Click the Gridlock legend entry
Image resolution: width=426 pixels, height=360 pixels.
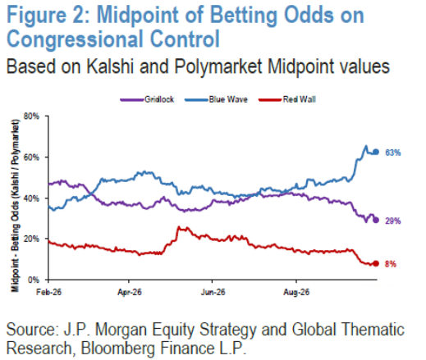[x=147, y=99]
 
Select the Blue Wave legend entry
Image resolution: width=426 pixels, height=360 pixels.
[x=216, y=99]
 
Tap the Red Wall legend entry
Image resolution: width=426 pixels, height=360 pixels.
[x=287, y=99]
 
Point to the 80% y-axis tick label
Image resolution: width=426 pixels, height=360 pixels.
[x=31, y=116]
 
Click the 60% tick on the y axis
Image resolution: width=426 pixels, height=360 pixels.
[x=31, y=157]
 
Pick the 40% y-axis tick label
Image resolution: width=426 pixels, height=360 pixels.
[x=31, y=198]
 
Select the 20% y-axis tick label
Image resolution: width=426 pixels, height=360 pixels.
[x=31, y=239]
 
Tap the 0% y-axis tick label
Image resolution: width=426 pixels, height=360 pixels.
[x=34, y=280]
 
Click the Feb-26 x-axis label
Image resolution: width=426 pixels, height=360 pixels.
[x=48, y=292]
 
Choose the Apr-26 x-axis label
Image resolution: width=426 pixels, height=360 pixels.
[x=130, y=292]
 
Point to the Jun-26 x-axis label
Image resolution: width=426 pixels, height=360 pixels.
[x=213, y=292]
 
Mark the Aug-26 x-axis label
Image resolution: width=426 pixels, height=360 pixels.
[x=296, y=292]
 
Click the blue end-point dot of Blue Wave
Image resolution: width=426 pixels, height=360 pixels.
[x=376, y=152]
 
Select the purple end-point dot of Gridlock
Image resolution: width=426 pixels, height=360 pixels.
[x=376, y=220]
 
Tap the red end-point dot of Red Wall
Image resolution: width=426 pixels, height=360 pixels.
[x=376, y=263]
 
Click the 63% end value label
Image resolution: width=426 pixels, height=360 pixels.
[x=393, y=153]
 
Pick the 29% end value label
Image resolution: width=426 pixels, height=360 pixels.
[x=393, y=221]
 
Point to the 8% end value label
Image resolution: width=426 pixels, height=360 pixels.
[x=391, y=264]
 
